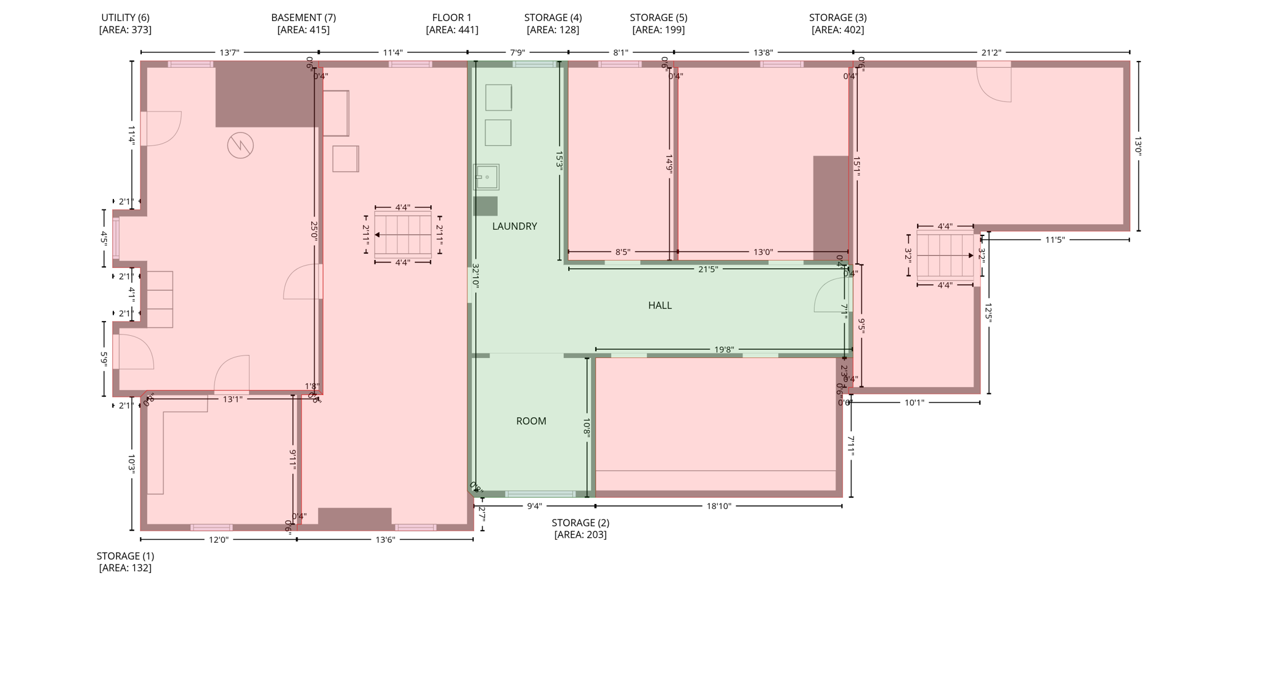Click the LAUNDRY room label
click(x=515, y=226)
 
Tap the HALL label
click(x=659, y=305)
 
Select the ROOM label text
click(x=531, y=421)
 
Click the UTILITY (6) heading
click(x=125, y=18)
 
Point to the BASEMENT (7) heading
click(x=303, y=18)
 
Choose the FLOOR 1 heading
click(x=452, y=18)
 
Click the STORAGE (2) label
click(x=580, y=522)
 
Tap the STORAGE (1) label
click(x=125, y=556)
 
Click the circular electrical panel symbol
click(x=240, y=145)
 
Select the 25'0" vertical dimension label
click(x=314, y=230)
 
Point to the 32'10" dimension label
click(x=475, y=276)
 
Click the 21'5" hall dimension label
click(x=707, y=269)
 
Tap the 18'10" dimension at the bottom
click(x=719, y=506)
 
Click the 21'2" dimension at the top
click(x=991, y=53)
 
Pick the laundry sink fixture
click(x=486, y=177)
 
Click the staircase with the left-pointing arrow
click(x=402, y=235)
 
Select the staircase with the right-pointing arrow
click(x=945, y=255)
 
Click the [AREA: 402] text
click(x=837, y=30)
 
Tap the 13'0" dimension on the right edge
click(x=1138, y=146)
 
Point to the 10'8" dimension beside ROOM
click(x=586, y=428)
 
